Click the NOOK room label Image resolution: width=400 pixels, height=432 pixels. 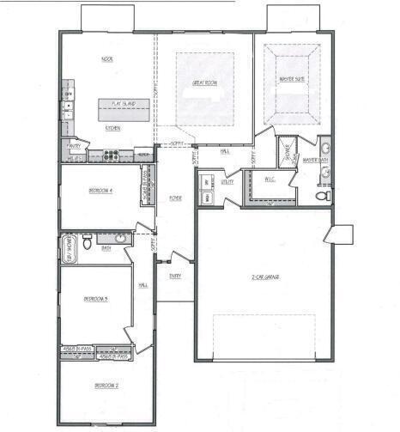(x=107, y=59)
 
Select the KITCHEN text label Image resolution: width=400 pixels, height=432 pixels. (x=112, y=127)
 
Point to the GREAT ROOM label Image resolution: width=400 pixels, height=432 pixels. (x=204, y=83)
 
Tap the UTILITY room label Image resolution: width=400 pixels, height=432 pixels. (x=227, y=181)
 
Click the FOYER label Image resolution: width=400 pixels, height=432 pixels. (x=175, y=198)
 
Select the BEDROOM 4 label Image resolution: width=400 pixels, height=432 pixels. (x=101, y=190)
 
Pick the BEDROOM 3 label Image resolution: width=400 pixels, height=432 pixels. (x=94, y=299)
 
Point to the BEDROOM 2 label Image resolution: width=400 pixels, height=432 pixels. (x=106, y=386)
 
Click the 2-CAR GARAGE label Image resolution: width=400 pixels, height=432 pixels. (x=266, y=277)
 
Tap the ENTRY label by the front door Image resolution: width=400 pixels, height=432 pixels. (x=175, y=276)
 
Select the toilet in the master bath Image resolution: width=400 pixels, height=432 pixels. (x=323, y=197)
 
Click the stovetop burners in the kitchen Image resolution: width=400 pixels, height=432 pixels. (x=112, y=155)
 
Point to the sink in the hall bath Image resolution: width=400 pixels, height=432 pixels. (x=121, y=238)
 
